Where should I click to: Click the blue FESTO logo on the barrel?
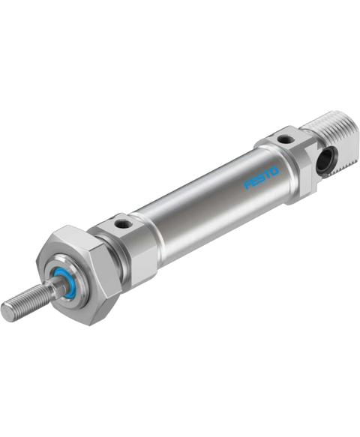261,178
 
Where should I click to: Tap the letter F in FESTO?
247,186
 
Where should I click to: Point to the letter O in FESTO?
274,171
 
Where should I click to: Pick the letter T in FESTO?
268,175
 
